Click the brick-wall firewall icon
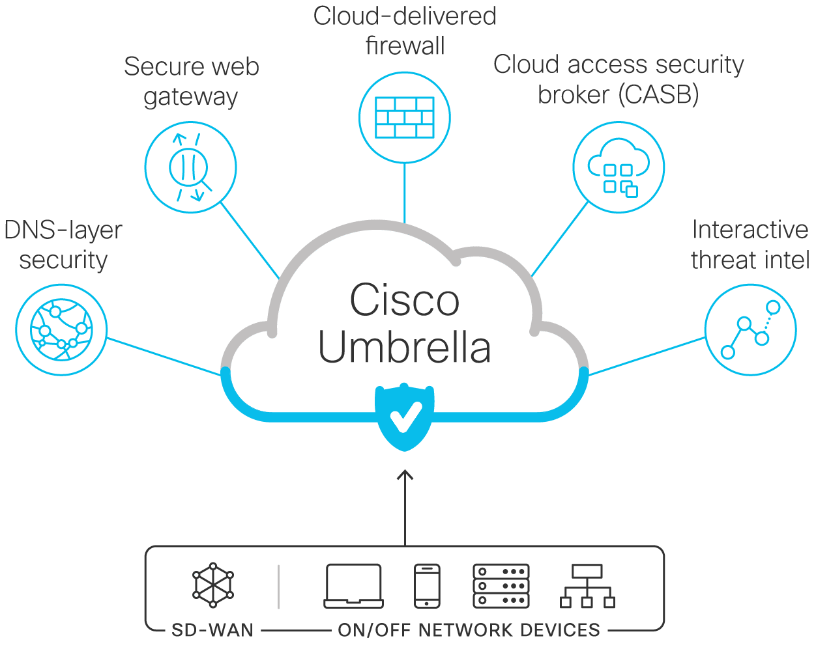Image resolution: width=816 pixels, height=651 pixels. (405, 117)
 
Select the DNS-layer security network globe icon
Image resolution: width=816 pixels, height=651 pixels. (61, 329)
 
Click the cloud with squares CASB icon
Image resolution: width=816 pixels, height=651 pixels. (619, 167)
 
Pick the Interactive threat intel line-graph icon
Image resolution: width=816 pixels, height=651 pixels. (750, 329)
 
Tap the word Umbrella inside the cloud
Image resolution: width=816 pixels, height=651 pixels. (405, 347)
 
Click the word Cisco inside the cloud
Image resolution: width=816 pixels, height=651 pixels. (405, 299)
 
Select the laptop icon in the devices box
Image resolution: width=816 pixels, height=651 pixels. (353, 587)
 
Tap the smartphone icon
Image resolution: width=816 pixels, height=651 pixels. (427, 587)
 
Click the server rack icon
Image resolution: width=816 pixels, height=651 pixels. (501, 587)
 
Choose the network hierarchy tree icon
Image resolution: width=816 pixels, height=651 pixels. (587, 587)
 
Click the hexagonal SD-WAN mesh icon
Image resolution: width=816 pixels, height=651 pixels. (212, 585)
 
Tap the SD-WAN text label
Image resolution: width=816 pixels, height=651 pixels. (212, 631)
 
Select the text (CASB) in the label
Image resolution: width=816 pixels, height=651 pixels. (659, 94)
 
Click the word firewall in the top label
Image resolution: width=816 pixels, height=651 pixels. (405, 46)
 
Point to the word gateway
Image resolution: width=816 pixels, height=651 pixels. (191, 97)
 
